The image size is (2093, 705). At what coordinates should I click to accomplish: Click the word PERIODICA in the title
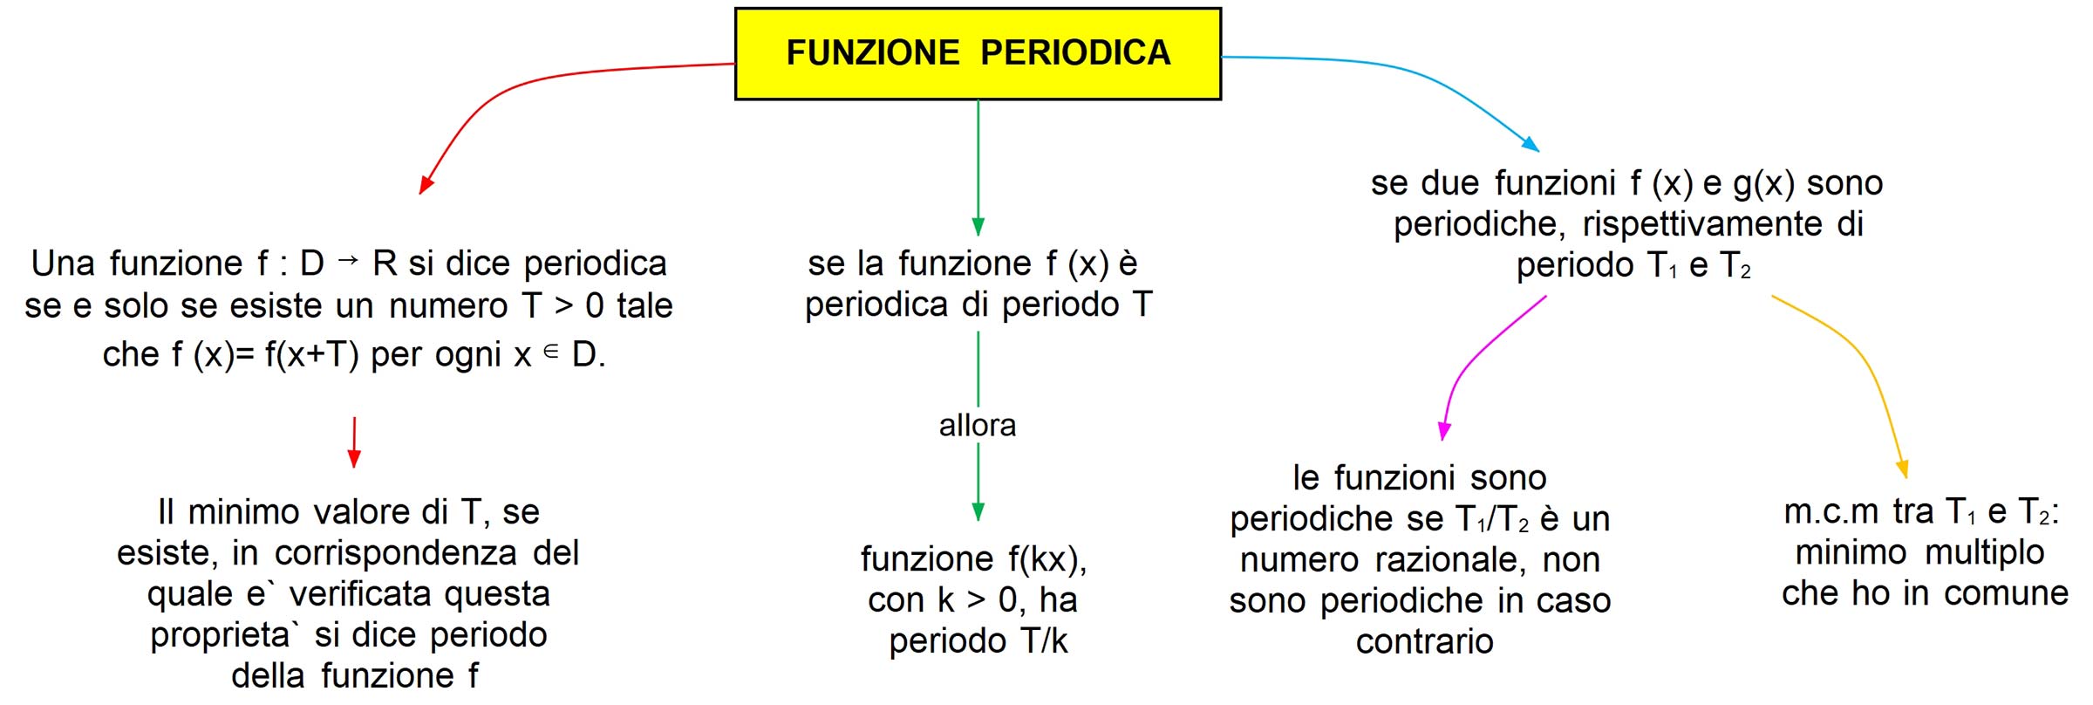[1075, 53]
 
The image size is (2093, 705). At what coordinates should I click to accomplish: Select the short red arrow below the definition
[354, 441]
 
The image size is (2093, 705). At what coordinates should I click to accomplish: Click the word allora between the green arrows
[978, 426]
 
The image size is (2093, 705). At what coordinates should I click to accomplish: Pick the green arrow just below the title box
[978, 166]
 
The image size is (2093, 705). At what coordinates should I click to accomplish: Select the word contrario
[1424, 642]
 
